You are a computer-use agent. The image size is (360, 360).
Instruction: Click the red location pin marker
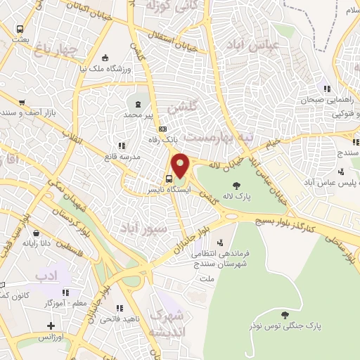[x=181, y=166]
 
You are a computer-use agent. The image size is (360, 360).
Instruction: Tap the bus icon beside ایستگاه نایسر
[x=169, y=179]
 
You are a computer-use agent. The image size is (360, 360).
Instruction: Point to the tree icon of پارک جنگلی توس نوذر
[x=284, y=315]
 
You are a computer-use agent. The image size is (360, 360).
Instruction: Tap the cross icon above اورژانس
[x=51, y=326]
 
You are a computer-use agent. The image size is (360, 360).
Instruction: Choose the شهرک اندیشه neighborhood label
[x=169, y=323]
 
